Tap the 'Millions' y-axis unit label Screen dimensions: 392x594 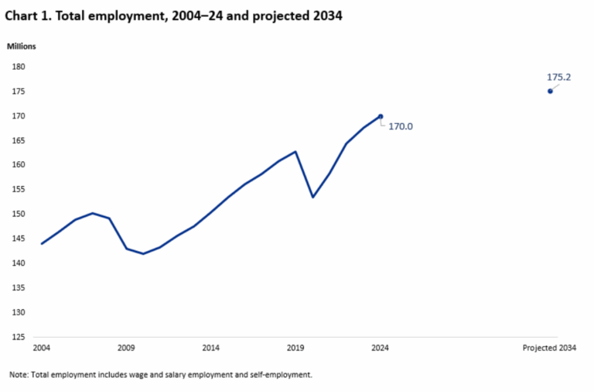(22, 46)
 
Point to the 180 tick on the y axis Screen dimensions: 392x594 (19, 67)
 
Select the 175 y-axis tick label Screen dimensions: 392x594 (19, 91)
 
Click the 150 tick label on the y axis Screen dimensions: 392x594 (19, 214)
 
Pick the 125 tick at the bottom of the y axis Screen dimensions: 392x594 (19, 337)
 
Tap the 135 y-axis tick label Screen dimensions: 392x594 (19, 288)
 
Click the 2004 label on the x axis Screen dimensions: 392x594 (41, 348)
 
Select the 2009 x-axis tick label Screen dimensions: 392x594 (126, 348)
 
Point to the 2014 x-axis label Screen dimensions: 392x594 (211, 348)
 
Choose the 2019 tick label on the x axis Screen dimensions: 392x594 (295, 348)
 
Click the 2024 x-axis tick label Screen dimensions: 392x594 (381, 348)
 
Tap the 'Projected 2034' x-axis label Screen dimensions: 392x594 (550, 348)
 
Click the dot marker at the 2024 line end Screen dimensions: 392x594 (381, 116)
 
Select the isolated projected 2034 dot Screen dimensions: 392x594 (550, 91)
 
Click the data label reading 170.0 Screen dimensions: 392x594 (401, 126)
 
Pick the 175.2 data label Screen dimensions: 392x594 (558, 77)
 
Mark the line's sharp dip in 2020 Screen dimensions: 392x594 (312, 197)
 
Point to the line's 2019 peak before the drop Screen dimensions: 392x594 (295, 152)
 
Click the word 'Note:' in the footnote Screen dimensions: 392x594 (19, 374)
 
